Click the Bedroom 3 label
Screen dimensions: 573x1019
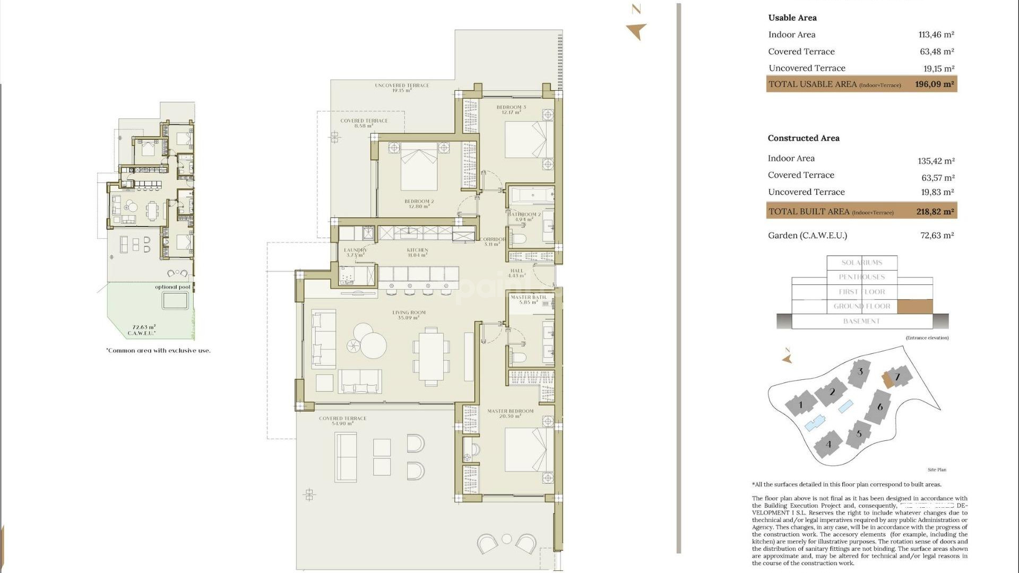point(511,110)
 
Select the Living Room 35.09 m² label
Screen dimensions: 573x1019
point(409,315)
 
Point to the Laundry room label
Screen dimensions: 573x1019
point(355,253)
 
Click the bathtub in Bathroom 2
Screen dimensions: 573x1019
point(532,196)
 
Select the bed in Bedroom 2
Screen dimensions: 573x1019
point(419,168)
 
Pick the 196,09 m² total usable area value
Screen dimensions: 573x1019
point(934,84)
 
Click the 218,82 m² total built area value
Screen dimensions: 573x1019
point(935,212)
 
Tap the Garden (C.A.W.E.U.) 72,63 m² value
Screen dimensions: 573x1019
point(937,236)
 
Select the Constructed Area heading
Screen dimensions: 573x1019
point(803,138)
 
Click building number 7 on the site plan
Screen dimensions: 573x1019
point(897,377)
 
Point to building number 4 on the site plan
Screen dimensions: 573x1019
point(828,444)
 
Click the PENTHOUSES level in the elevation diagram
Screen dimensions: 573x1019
point(861,277)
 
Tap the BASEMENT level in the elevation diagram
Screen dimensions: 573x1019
point(861,322)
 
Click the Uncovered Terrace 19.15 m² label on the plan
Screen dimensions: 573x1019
point(402,88)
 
